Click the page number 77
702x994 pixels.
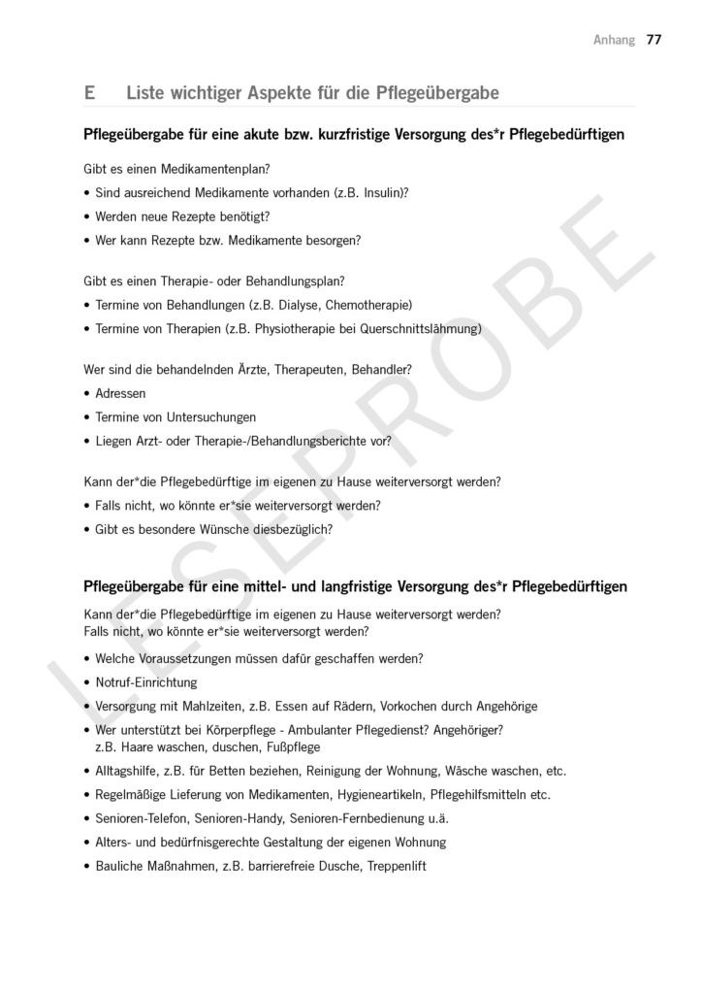tap(654, 40)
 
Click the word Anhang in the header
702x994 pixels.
tap(614, 40)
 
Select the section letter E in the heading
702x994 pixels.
tap(89, 93)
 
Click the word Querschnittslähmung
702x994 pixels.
tap(421, 328)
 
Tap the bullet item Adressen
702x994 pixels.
tap(120, 393)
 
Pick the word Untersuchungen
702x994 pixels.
tap(207, 417)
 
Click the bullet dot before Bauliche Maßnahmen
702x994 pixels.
tap(87, 866)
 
